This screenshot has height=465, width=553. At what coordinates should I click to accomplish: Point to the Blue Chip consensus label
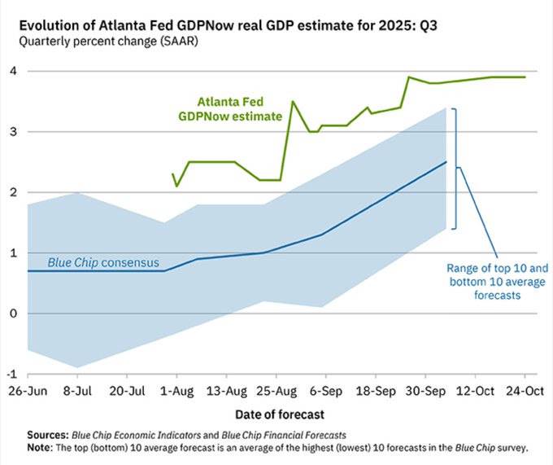pos(103,263)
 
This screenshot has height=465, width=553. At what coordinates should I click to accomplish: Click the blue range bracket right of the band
pos(456,169)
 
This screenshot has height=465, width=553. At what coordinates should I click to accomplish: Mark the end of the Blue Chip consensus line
pos(446,162)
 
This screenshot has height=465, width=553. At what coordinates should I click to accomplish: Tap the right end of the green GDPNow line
pos(525,77)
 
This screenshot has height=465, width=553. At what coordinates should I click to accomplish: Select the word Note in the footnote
pos(41,448)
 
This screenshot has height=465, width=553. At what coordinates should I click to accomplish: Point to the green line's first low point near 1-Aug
pos(177,186)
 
